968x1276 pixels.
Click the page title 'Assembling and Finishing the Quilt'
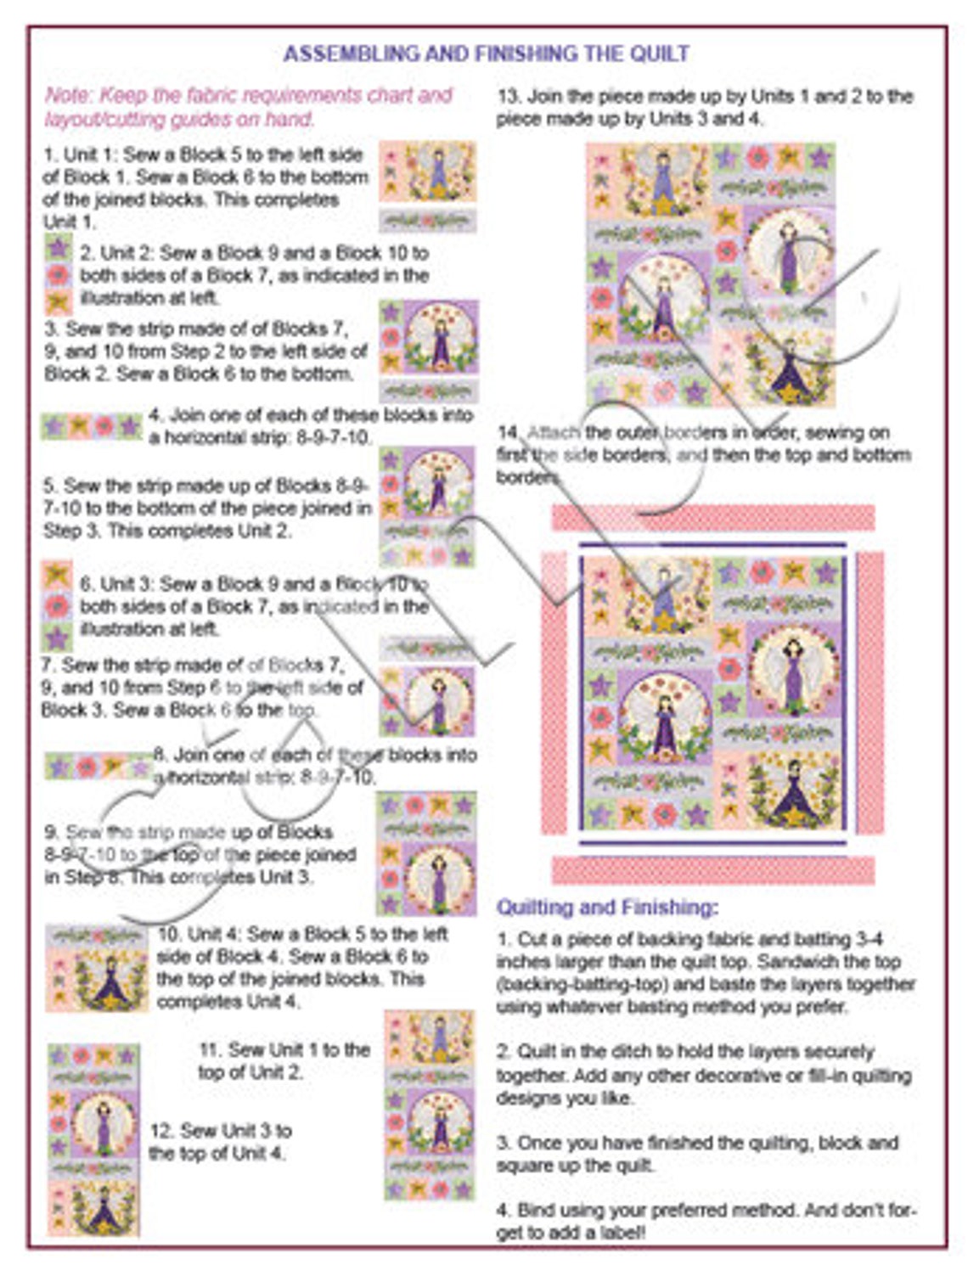pos(485,54)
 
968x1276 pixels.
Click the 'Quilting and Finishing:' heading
pos(607,907)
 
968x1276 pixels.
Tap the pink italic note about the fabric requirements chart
pos(248,107)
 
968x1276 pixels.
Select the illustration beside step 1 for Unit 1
pos(427,186)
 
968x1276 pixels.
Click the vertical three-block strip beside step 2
pos(58,274)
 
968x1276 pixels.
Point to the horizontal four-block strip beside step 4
pos(92,426)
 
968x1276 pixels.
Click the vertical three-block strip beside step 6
pos(57,606)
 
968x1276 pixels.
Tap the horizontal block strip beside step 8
pos(98,767)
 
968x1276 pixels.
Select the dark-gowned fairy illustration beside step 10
pos(97,968)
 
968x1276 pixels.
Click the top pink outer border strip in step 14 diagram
pos(712,517)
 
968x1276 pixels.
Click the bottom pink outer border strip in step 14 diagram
pos(712,870)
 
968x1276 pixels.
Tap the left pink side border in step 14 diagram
pos(554,692)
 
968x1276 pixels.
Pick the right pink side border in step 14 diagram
pos(870,692)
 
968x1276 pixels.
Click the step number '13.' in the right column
pos(509,97)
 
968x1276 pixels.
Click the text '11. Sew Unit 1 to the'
pos(284,1049)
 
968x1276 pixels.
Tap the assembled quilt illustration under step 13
pos(711,275)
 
